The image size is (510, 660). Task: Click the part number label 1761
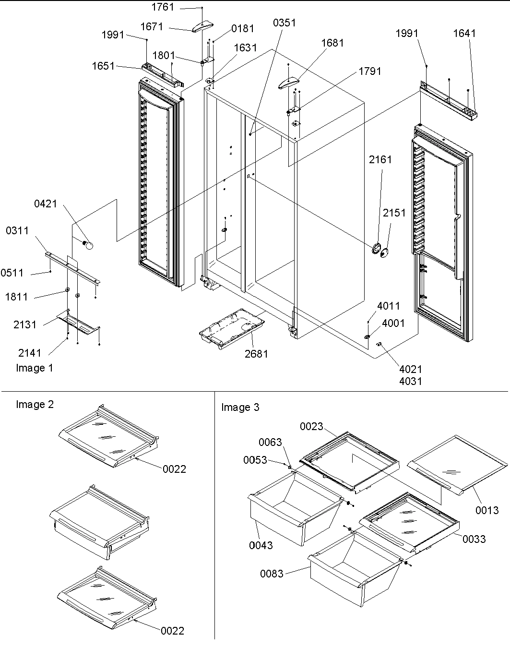(x=163, y=7)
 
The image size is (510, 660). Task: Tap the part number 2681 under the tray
(x=256, y=354)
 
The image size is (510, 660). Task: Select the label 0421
(x=46, y=204)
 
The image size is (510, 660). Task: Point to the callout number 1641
(x=464, y=33)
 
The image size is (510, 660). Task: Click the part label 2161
(x=380, y=159)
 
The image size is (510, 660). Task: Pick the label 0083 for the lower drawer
(x=272, y=574)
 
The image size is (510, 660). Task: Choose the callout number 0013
(x=487, y=511)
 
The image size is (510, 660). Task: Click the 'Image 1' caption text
(x=35, y=368)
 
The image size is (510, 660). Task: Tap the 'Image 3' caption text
(x=240, y=408)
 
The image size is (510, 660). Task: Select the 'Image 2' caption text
(x=35, y=405)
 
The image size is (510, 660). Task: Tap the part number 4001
(x=393, y=323)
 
